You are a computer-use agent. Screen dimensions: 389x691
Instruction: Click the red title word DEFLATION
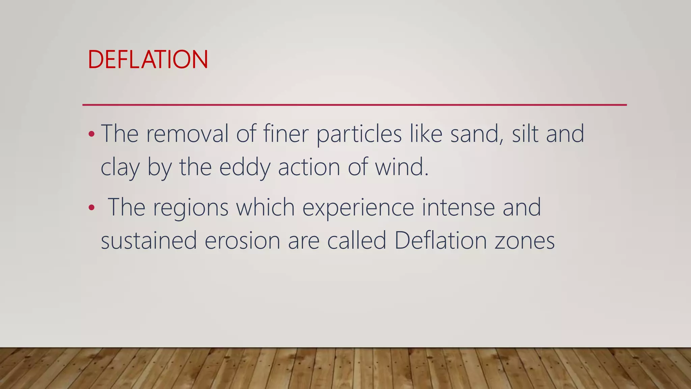[148, 60]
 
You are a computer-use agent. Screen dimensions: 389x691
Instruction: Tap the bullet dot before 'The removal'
[91, 134]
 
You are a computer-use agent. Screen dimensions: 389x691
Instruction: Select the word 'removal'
[187, 134]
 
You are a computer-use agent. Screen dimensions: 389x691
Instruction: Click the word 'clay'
[120, 168]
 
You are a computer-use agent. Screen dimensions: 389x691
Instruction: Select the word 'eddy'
[245, 168]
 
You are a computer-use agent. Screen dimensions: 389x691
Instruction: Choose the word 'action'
[309, 167]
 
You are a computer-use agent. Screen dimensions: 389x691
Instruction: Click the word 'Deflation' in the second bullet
[440, 240]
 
